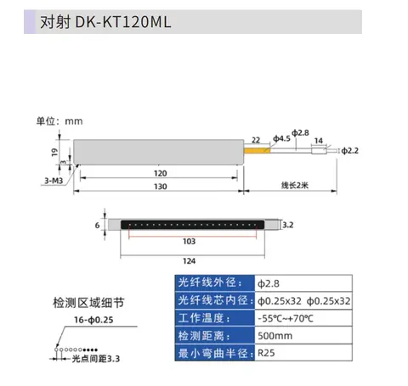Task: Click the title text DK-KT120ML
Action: point(123,22)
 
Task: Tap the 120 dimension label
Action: point(161,173)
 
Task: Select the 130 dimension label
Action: point(161,187)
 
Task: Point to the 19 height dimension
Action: point(54,152)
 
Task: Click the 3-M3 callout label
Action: point(54,181)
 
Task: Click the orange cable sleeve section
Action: point(257,150)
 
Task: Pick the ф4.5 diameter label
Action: point(281,138)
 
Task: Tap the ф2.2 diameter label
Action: point(349,151)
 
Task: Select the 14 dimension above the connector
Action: point(319,141)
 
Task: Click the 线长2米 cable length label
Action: point(295,186)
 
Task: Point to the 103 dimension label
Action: point(189,241)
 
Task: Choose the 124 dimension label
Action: point(189,261)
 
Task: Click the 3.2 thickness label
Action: point(288,225)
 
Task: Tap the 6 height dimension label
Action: point(97,226)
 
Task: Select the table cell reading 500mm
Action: point(303,336)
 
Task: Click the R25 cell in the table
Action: point(303,353)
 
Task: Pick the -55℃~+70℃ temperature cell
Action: point(303,318)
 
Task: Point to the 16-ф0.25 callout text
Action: point(93,320)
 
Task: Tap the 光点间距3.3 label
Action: point(96,359)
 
